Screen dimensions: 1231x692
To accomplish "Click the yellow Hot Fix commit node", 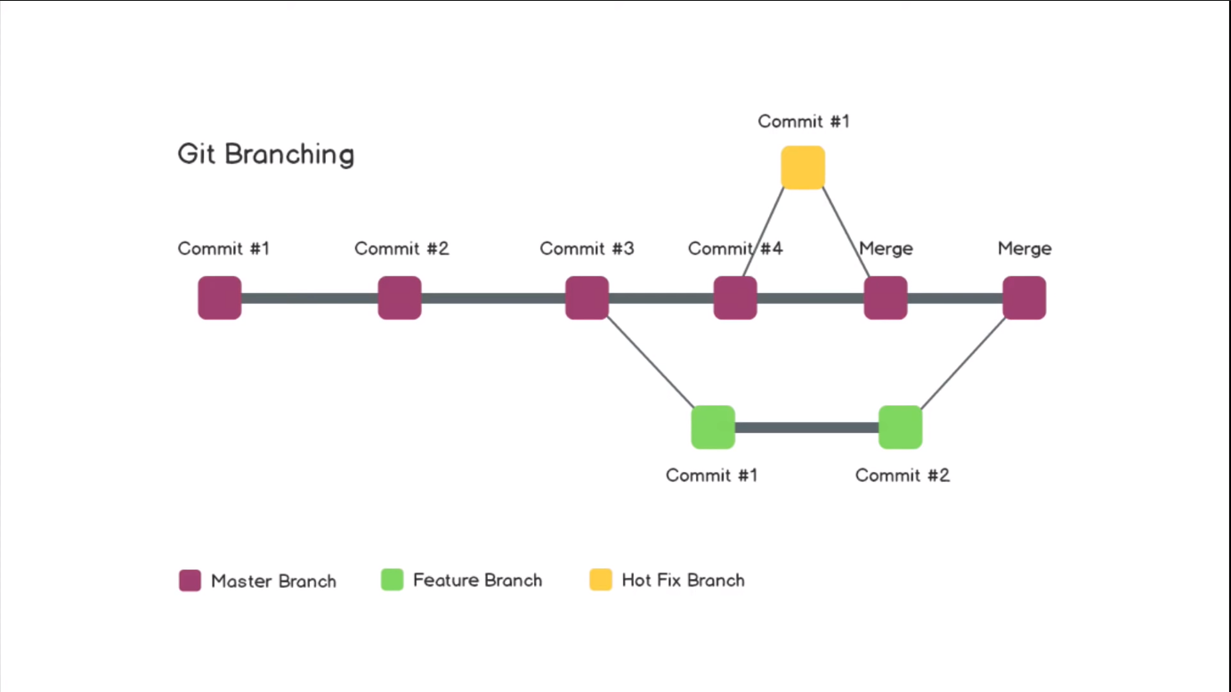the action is [x=803, y=167].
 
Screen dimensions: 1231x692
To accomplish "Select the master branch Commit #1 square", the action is [x=220, y=297].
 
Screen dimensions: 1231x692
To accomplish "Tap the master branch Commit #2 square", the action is [x=400, y=297].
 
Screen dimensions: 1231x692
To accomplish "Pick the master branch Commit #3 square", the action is [x=587, y=297].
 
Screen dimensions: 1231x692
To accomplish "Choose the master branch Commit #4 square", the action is [x=735, y=297].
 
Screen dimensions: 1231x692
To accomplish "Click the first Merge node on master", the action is [x=886, y=297].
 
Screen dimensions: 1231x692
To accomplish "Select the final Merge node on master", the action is [x=1024, y=297].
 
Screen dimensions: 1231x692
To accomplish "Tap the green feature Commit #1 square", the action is [x=713, y=427].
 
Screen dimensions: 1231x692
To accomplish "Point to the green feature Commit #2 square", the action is [x=900, y=427].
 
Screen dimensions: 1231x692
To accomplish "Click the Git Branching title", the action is [x=266, y=154].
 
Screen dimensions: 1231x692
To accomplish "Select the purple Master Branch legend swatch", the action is [x=190, y=581].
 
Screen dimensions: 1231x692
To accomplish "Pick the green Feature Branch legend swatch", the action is [x=393, y=580].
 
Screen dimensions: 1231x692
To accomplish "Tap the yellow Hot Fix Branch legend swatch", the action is [x=601, y=580].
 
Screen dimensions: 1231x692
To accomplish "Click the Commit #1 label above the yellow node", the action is [x=804, y=121].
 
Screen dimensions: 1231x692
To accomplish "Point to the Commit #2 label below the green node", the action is [x=903, y=476].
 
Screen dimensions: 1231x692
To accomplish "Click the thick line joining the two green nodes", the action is [x=806, y=427].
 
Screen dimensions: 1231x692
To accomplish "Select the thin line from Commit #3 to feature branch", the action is [x=650, y=362].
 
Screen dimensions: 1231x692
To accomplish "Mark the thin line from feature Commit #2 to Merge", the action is [x=963, y=363].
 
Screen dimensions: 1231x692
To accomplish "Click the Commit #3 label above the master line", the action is [x=587, y=248].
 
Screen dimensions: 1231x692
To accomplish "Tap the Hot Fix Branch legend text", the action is [x=683, y=581].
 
